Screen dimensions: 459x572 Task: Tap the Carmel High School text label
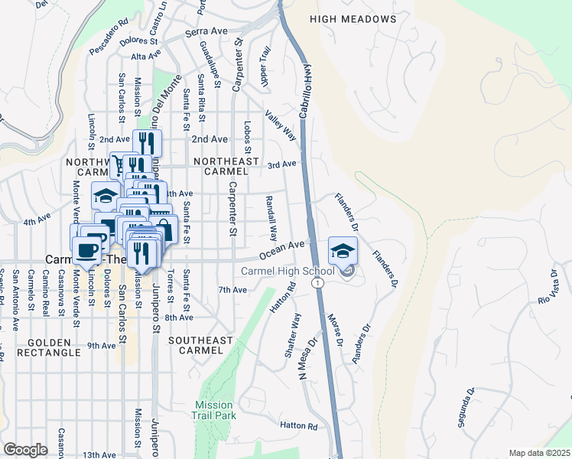[287, 272]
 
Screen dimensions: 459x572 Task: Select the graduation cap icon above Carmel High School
[343, 250]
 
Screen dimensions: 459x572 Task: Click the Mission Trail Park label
[215, 410]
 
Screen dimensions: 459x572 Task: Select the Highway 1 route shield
[316, 283]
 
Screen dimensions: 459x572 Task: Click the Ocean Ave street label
[282, 250]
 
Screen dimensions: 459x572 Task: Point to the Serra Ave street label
[206, 32]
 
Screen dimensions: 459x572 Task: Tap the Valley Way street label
[281, 125]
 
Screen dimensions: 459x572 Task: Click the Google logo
[25, 449]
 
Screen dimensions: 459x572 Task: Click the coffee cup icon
[86, 249]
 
